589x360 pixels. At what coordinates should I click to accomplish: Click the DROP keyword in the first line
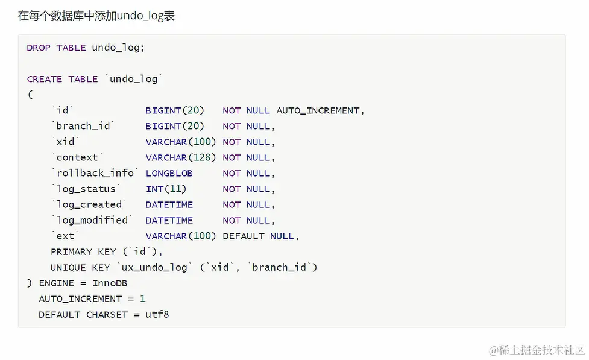[x=39, y=48]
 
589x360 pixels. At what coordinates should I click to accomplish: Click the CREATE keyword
[x=45, y=79]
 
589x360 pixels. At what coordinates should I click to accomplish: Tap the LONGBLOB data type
[x=169, y=173]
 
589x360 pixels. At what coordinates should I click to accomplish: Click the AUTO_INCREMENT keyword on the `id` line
[x=318, y=110]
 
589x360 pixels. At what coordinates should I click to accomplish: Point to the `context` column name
[x=77, y=157]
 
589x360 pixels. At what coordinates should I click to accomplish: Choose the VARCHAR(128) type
[x=181, y=157]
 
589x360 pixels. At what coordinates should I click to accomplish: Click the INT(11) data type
[x=166, y=189]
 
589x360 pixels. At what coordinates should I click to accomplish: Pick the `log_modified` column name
[x=92, y=220]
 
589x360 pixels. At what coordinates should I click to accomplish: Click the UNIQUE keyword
[x=68, y=267]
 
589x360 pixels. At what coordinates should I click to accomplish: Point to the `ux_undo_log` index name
[x=154, y=267]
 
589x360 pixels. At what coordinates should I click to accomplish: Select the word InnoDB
[x=110, y=283]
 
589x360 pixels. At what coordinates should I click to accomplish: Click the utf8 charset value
[x=157, y=314]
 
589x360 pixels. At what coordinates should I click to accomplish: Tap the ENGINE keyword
[x=57, y=283]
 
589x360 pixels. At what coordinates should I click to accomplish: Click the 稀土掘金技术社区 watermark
[x=537, y=350]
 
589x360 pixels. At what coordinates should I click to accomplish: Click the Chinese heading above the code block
[x=96, y=16]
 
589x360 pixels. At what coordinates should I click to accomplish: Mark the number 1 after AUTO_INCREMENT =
[x=143, y=298]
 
